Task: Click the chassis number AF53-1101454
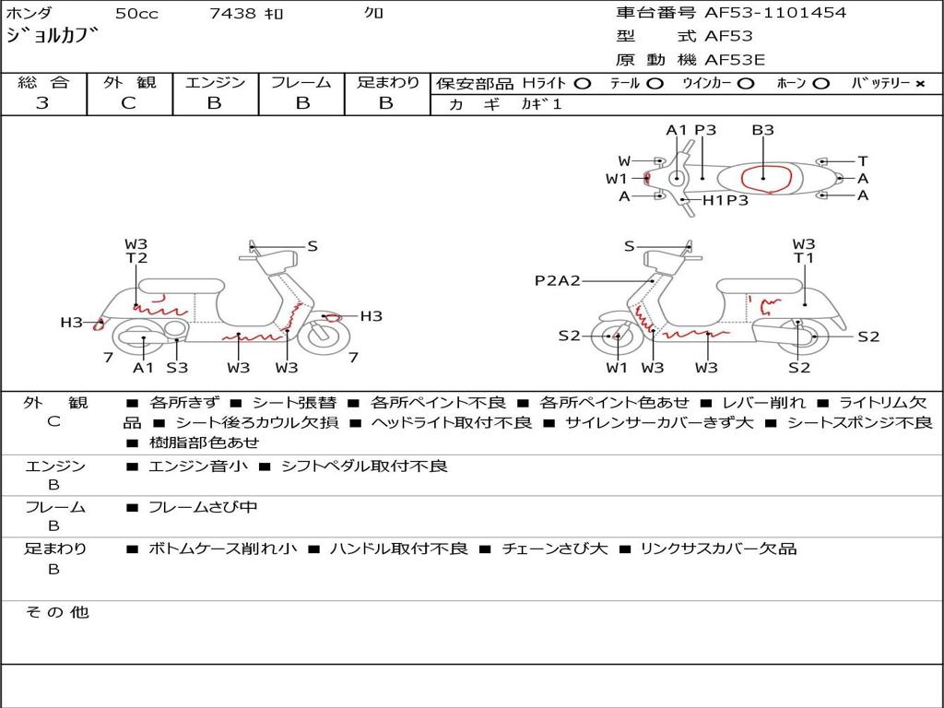[x=774, y=12]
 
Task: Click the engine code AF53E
[x=735, y=60]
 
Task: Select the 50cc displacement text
[x=136, y=13]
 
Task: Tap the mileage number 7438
[x=232, y=13]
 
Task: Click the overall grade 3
[x=42, y=103]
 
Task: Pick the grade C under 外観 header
[x=128, y=103]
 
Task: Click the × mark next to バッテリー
[x=919, y=84]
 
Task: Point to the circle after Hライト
[x=582, y=84]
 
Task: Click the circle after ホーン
[x=820, y=84]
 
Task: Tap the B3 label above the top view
[x=762, y=130]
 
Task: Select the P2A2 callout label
[x=558, y=280]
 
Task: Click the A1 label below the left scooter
[x=143, y=367]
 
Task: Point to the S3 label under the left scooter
[x=177, y=367]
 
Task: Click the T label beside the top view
[x=863, y=160]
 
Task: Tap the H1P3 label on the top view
[x=726, y=200]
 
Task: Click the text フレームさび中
[x=202, y=508]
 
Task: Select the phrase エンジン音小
[x=197, y=466]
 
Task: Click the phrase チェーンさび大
[x=555, y=549]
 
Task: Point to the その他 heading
[x=57, y=612]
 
